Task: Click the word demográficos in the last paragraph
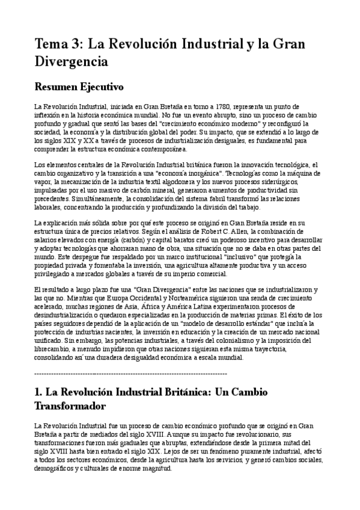pyautogui.click(x=58, y=469)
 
